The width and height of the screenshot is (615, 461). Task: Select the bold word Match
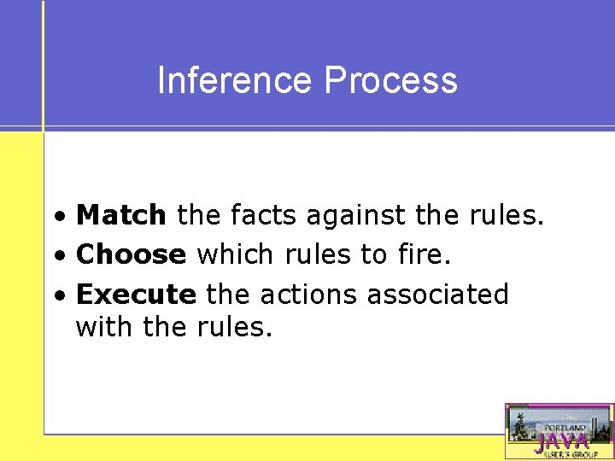click(x=121, y=216)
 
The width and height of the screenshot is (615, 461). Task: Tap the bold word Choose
click(x=131, y=254)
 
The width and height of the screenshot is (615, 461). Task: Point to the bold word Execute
click(x=136, y=295)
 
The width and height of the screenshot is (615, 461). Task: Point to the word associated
click(x=437, y=295)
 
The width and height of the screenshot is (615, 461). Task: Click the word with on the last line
click(x=101, y=326)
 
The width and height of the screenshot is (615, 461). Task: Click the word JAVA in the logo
click(x=561, y=441)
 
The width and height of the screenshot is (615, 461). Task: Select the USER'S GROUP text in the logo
click(x=565, y=454)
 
